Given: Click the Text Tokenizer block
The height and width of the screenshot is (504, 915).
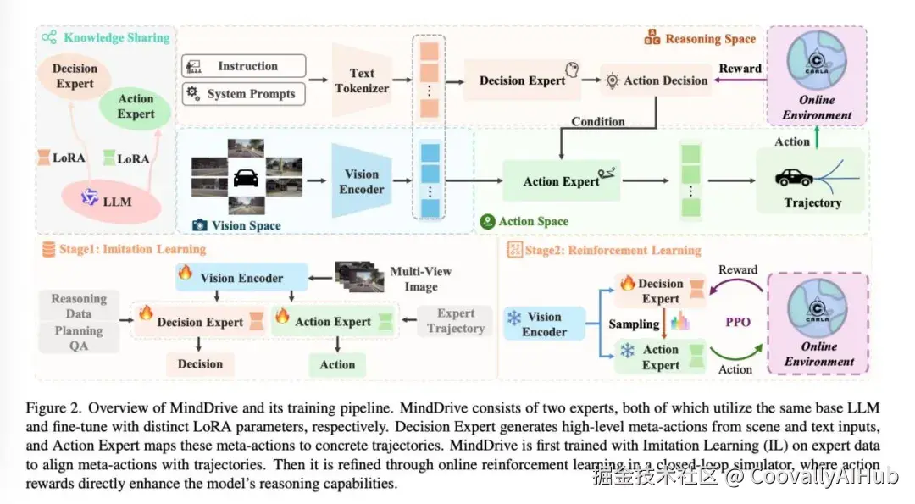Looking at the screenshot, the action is [361, 80].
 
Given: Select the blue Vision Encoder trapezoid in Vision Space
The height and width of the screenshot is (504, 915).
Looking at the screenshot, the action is [361, 181].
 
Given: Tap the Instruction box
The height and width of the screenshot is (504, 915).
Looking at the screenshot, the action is [244, 66].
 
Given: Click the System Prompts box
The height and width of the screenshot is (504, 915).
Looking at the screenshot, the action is [244, 94].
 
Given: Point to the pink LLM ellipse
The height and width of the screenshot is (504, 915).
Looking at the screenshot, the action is [111, 202].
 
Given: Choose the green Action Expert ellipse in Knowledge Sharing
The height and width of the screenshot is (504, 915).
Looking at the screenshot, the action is [136, 107].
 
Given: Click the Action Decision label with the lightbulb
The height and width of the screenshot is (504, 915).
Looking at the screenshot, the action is [657, 80].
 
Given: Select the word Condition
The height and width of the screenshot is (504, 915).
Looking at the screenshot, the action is [597, 121].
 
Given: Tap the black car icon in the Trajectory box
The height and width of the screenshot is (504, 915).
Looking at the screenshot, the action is [794, 177].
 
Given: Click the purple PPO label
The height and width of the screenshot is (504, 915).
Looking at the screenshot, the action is [738, 322].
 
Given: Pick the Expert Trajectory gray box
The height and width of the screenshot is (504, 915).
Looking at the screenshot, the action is [455, 321].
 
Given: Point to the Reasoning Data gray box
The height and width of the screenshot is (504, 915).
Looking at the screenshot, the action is [79, 306].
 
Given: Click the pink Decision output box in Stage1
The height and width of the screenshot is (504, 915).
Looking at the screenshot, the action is [200, 364].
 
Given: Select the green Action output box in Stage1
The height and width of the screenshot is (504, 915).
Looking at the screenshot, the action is [337, 364].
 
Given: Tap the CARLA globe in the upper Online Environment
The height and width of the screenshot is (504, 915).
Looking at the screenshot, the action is [817, 59].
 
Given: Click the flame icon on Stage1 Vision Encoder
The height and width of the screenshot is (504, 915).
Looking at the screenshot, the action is [185, 273].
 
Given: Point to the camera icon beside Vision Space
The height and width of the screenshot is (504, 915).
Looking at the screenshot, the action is [200, 224].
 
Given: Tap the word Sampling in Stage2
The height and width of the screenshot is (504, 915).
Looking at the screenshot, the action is [634, 324].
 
